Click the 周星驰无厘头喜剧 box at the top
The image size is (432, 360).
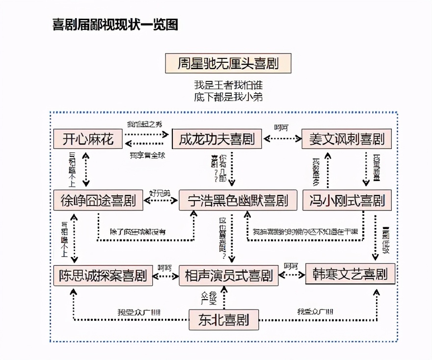[x=228, y=64]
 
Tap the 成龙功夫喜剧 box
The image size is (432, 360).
[x=216, y=139]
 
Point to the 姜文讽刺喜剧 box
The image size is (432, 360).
[x=347, y=139]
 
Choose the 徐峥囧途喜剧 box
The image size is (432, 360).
[x=98, y=200]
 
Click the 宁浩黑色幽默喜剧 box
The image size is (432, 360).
[x=238, y=200]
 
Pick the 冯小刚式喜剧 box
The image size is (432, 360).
[x=347, y=200]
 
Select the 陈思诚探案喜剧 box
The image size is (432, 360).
[x=103, y=275]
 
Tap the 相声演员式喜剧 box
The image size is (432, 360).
[x=228, y=275]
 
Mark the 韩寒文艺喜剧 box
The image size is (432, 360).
[x=350, y=274]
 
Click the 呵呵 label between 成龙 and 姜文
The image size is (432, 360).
[x=281, y=128]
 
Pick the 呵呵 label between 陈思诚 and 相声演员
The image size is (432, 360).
[x=165, y=268]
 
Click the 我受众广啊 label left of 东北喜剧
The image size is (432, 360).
[x=138, y=312]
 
